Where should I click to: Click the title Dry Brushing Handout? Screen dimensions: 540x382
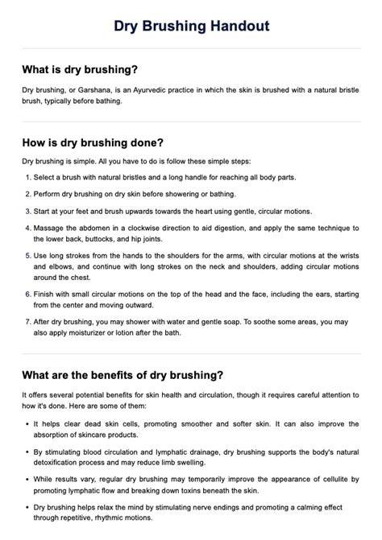coord(191,27)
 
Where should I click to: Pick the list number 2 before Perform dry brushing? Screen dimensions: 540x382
coord(27,195)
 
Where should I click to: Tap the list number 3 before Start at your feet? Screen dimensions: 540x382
coord(27,212)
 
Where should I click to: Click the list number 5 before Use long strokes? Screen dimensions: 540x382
coord(27,257)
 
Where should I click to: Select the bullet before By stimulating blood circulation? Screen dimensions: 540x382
coord(27,451)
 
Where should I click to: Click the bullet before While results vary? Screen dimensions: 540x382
coord(27,478)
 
